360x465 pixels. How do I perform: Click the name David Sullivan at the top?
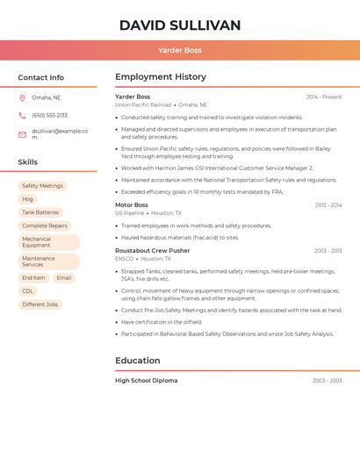click(179, 25)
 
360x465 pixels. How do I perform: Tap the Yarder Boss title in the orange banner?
click(179, 51)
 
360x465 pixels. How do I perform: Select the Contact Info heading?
click(40, 77)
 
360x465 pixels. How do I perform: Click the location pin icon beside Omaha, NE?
click(22, 98)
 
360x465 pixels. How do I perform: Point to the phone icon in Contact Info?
click(22, 115)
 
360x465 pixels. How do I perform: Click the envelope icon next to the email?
click(22, 134)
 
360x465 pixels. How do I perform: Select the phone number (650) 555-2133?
click(49, 115)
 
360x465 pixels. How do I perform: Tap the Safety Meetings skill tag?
click(42, 186)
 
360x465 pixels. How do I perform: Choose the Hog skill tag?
click(28, 199)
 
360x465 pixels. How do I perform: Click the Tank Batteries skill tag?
click(40, 212)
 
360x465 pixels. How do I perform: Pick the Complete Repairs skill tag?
click(45, 225)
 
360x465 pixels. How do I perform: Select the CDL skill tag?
click(28, 291)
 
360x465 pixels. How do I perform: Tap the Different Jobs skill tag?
click(40, 304)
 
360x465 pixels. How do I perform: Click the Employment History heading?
click(161, 76)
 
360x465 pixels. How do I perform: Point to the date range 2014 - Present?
click(324, 97)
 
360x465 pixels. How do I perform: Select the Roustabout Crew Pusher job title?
click(152, 251)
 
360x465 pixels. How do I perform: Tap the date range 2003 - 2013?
click(328, 251)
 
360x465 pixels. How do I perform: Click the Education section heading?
click(138, 361)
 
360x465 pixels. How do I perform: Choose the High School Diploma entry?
click(146, 381)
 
